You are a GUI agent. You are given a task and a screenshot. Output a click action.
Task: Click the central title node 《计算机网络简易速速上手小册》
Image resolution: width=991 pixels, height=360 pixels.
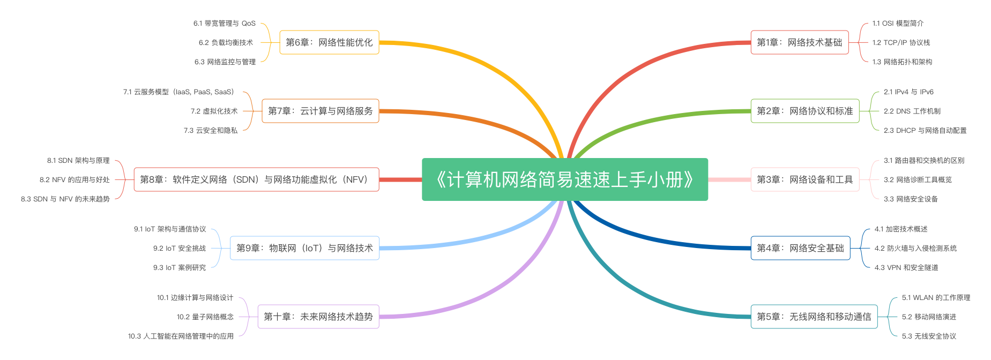coord(564,179)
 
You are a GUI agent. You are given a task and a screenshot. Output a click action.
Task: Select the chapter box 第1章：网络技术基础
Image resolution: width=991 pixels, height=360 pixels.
coord(799,42)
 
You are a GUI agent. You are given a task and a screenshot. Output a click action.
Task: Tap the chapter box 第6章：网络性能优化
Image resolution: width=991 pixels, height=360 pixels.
coord(329,42)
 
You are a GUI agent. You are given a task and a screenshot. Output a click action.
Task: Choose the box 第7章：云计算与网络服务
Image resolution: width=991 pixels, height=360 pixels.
coord(320,111)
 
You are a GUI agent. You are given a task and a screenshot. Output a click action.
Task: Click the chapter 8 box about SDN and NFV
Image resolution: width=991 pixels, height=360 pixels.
coord(256,179)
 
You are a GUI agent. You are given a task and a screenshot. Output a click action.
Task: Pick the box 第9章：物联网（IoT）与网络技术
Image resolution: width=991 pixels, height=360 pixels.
coord(304,248)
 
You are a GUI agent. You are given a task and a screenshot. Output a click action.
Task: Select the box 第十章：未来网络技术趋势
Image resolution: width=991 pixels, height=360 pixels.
coord(318,317)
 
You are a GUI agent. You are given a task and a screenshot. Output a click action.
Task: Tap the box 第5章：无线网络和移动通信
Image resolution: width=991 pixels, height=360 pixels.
coord(814,317)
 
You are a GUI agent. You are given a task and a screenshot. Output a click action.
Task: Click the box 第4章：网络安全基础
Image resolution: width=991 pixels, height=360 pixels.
coord(800,248)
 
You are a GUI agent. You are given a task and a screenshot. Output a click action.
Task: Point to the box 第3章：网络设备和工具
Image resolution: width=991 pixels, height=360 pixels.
coord(804,179)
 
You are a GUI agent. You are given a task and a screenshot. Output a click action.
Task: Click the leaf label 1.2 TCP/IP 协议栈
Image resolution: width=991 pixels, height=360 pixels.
coord(901,42)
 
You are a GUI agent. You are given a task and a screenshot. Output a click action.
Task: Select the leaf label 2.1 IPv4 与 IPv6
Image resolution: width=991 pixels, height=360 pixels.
coord(908,92)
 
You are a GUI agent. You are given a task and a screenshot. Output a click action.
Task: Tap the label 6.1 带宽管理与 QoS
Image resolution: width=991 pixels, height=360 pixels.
coord(225,23)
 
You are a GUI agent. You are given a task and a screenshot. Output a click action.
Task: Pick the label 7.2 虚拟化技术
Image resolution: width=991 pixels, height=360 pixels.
coord(214,111)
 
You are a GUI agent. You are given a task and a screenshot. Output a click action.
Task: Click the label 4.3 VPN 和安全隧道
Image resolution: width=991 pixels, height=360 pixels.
coord(906,267)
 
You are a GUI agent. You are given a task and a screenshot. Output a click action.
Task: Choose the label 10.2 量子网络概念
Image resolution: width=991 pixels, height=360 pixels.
coord(205,317)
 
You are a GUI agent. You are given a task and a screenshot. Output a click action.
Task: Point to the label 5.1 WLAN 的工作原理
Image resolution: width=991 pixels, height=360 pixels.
coord(936,297)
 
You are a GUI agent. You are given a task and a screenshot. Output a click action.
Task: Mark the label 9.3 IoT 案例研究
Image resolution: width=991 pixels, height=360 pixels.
coord(180,267)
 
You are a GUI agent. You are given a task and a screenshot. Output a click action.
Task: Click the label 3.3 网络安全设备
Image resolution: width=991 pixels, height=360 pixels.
coord(911,199)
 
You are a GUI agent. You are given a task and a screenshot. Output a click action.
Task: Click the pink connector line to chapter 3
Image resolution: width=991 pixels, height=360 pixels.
coord(729,179)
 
